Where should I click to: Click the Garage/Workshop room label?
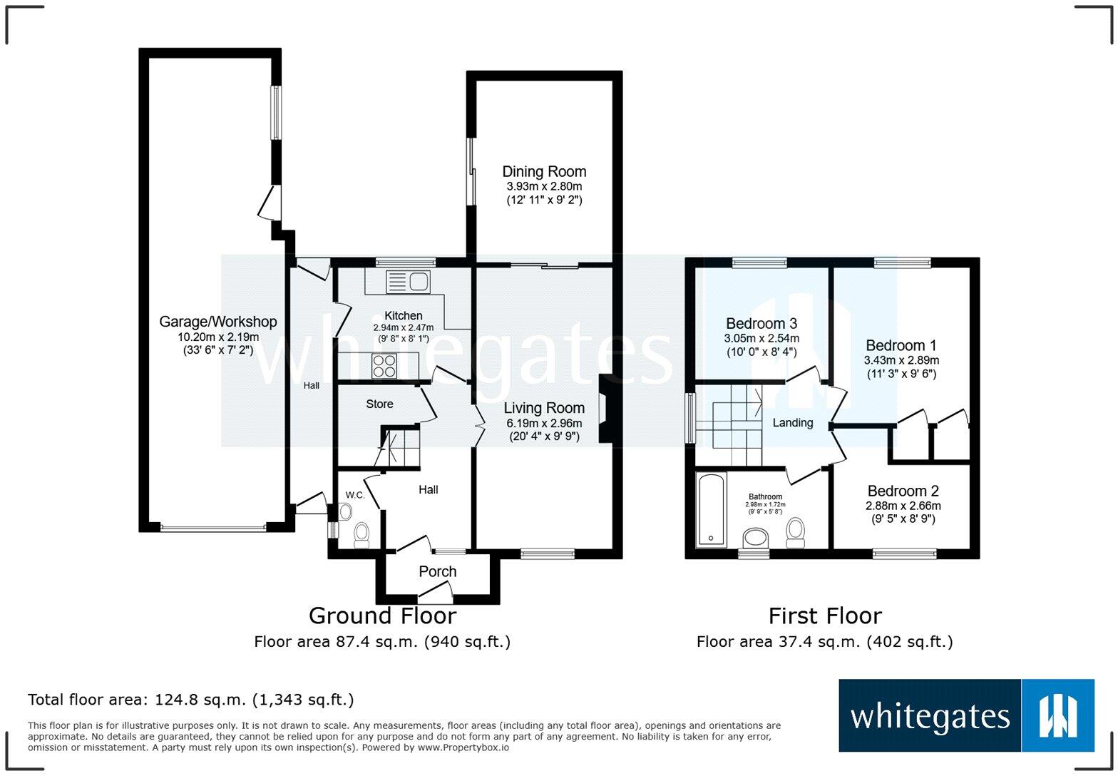217,322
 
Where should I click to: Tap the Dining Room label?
544,171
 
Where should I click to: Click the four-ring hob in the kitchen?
384,366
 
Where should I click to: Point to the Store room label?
379,404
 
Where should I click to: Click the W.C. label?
355,495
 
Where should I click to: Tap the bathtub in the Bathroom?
710,509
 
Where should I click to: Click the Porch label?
437,571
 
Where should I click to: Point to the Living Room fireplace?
605,409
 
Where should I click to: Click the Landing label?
792,422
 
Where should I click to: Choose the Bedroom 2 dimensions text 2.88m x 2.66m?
903,506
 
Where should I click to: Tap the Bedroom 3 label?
761,324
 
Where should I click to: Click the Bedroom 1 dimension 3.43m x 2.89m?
901,360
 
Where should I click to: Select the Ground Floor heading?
382,616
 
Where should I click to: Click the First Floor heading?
824,616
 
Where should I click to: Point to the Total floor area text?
190,700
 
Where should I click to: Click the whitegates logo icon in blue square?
1057,715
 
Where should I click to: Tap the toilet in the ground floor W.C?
361,533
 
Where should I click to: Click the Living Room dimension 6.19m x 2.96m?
544,423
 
